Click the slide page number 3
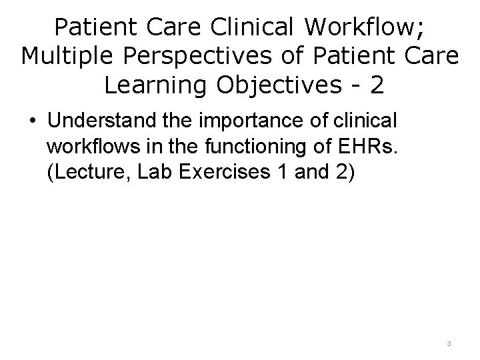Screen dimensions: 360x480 (449, 343)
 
